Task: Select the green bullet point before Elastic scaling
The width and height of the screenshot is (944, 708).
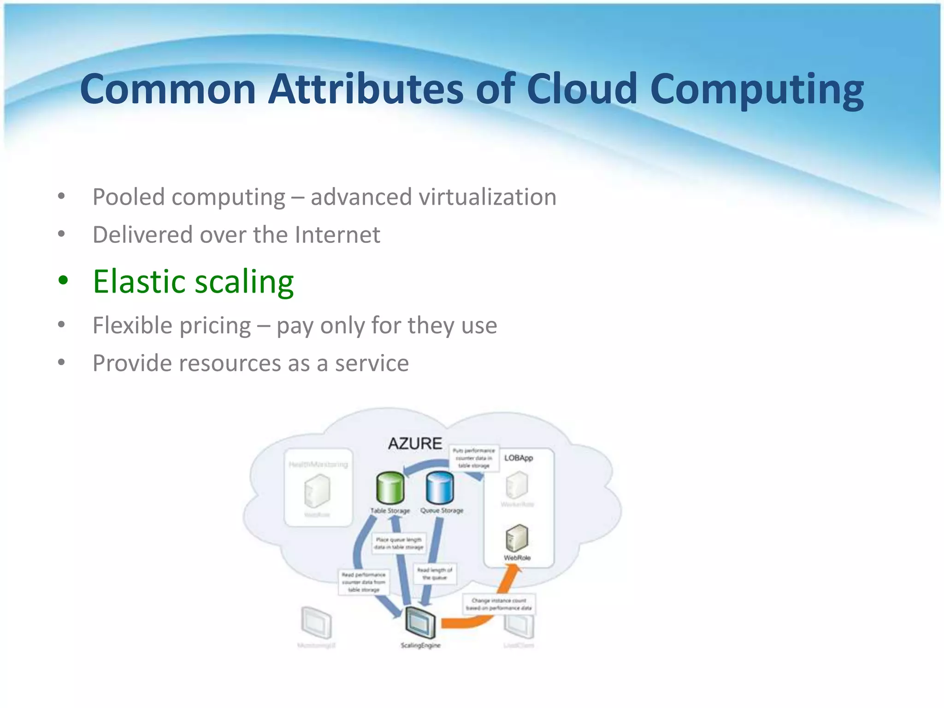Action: coord(63,280)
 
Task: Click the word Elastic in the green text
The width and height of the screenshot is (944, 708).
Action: coord(139,281)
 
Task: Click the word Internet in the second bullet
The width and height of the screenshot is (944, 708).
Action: coord(337,235)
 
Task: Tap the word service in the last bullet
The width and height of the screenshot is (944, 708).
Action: coord(372,363)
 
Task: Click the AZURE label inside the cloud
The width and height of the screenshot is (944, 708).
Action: coord(415,443)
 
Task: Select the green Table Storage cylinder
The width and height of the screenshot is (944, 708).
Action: coord(390,488)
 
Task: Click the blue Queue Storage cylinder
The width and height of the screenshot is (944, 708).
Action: coord(440,488)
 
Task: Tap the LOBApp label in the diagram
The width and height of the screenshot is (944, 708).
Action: coord(518,458)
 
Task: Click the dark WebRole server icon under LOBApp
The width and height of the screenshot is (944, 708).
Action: coord(517,537)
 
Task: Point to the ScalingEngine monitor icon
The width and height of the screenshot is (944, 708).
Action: coord(420,622)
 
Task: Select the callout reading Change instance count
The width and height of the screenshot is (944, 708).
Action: coord(499,604)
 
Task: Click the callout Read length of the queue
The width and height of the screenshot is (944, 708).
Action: coord(435,573)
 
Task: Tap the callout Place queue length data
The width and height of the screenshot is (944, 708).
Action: coord(399,543)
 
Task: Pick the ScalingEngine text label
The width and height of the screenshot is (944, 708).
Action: coord(420,645)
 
